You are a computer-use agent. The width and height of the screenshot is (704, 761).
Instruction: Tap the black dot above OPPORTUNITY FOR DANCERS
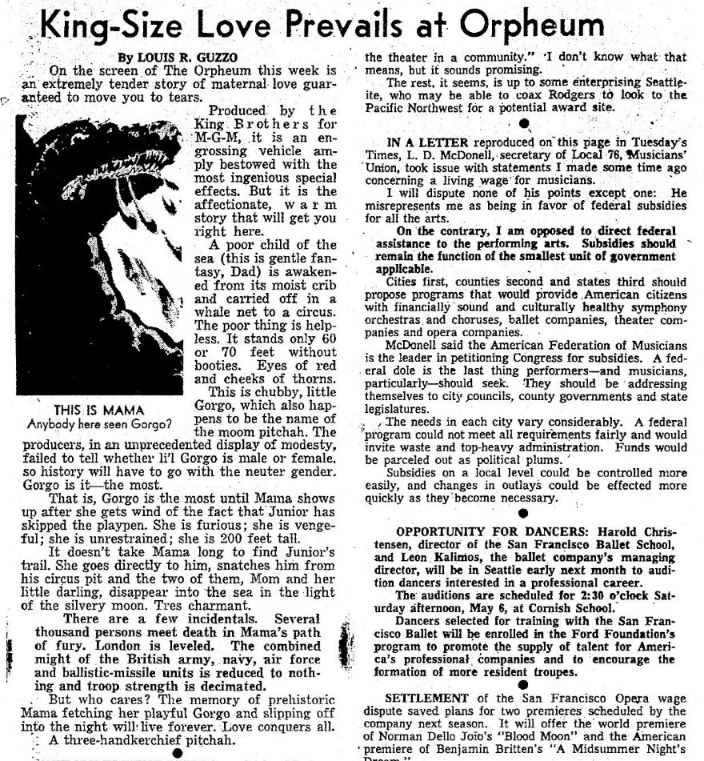pyautogui.click(x=522, y=515)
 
